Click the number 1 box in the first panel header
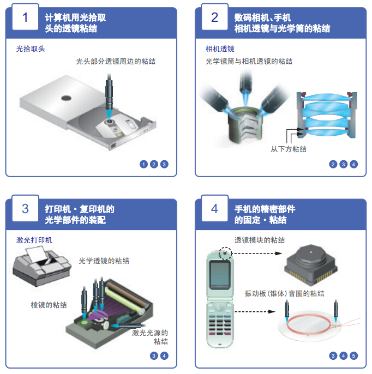click(25, 17)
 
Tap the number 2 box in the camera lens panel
click(214, 17)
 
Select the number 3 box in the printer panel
click(25, 209)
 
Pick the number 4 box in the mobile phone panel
click(214, 209)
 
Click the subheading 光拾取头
click(31, 49)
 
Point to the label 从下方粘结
click(289, 148)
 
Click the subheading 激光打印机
click(34, 240)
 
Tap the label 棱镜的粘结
click(49, 305)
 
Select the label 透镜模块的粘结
click(260, 240)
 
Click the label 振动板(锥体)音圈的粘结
click(284, 293)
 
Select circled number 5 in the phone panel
click(353, 356)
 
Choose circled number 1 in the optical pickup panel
click(143, 164)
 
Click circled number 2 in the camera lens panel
click(333, 164)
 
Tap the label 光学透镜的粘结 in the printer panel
click(104, 261)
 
